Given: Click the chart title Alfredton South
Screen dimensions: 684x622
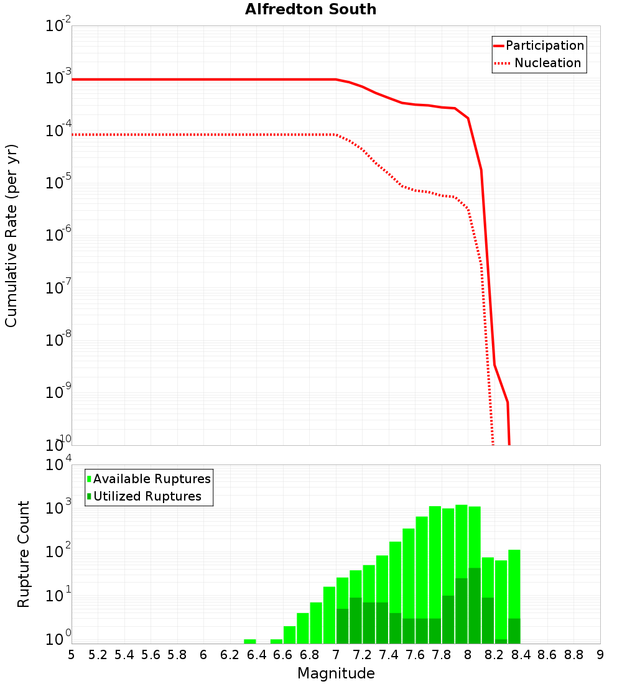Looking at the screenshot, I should pos(310,9).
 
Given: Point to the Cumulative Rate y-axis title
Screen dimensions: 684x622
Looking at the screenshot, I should pos(12,235).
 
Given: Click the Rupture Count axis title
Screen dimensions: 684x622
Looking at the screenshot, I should pos(24,554).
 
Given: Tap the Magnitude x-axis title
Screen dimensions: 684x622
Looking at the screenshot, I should pos(336,673).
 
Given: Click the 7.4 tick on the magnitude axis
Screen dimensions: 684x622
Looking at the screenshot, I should pos(389,655).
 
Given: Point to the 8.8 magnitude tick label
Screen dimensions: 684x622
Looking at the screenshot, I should pos(573,655).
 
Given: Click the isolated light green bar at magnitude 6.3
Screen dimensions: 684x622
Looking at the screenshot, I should pos(250,641).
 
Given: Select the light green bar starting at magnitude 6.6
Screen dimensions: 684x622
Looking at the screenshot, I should pos(290,635).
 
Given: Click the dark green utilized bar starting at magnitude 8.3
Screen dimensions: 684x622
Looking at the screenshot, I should pos(514,631).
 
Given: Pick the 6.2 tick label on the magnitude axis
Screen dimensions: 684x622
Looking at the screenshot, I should pos(230,655).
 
